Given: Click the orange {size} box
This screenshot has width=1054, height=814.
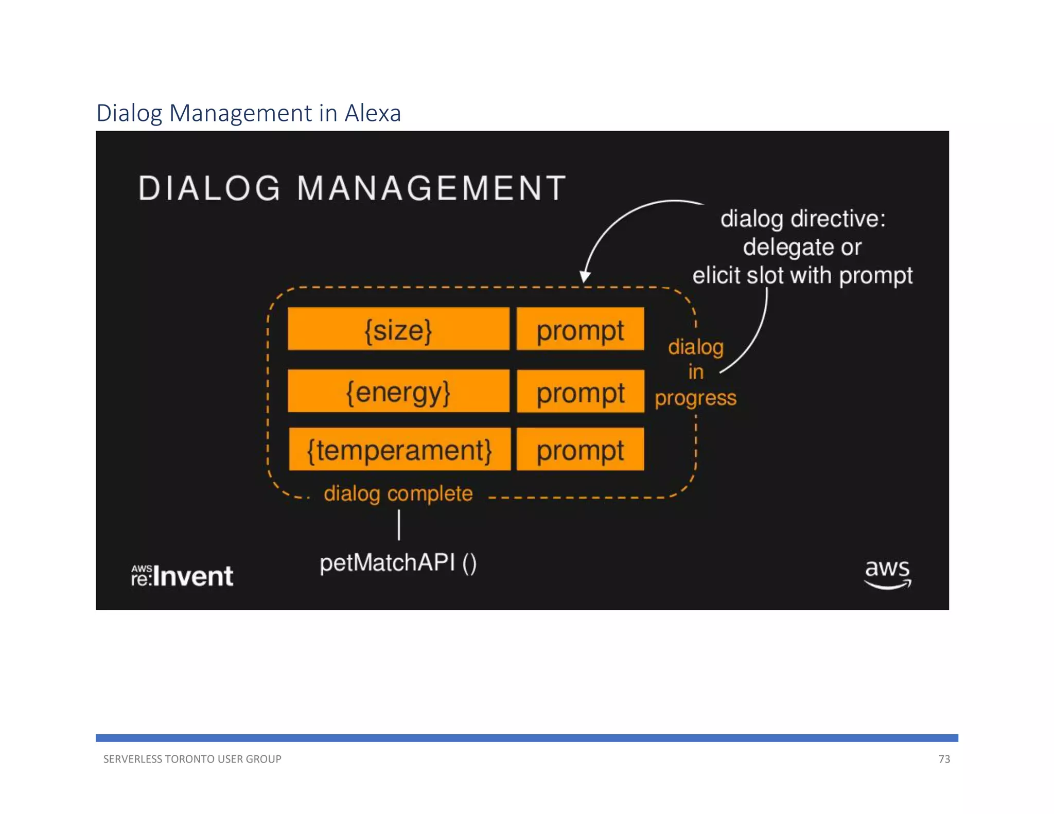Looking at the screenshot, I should (398, 329).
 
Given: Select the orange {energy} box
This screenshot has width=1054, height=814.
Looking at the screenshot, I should (398, 391).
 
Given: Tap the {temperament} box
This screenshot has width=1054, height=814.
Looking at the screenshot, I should (399, 449).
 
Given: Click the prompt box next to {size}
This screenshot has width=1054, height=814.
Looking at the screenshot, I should (580, 329).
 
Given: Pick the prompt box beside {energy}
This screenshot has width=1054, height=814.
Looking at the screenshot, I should (580, 392).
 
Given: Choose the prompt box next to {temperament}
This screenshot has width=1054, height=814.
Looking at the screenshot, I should (580, 449).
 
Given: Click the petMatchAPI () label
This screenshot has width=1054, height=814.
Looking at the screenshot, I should (398, 562).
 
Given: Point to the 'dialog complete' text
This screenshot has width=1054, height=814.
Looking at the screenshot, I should (398, 493).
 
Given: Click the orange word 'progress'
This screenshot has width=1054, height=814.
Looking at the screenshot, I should (695, 398).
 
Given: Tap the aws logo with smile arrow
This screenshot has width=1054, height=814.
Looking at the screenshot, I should (887, 573).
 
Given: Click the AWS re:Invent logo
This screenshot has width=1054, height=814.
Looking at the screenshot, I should (182, 575).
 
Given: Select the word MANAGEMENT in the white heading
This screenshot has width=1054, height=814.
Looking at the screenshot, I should (431, 188).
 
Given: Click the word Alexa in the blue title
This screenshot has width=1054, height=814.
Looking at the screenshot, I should (373, 113).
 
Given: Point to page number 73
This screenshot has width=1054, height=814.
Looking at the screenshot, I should (944, 759).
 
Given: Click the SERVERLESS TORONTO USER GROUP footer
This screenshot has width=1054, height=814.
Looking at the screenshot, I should (192, 759).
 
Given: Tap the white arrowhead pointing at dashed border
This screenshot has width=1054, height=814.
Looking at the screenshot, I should (585, 277).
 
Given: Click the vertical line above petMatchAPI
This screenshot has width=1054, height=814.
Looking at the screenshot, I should (399, 525).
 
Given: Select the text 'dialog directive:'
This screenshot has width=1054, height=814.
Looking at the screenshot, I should (802, 219).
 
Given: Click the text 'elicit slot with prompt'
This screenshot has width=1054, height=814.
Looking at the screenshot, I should (802, 275).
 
